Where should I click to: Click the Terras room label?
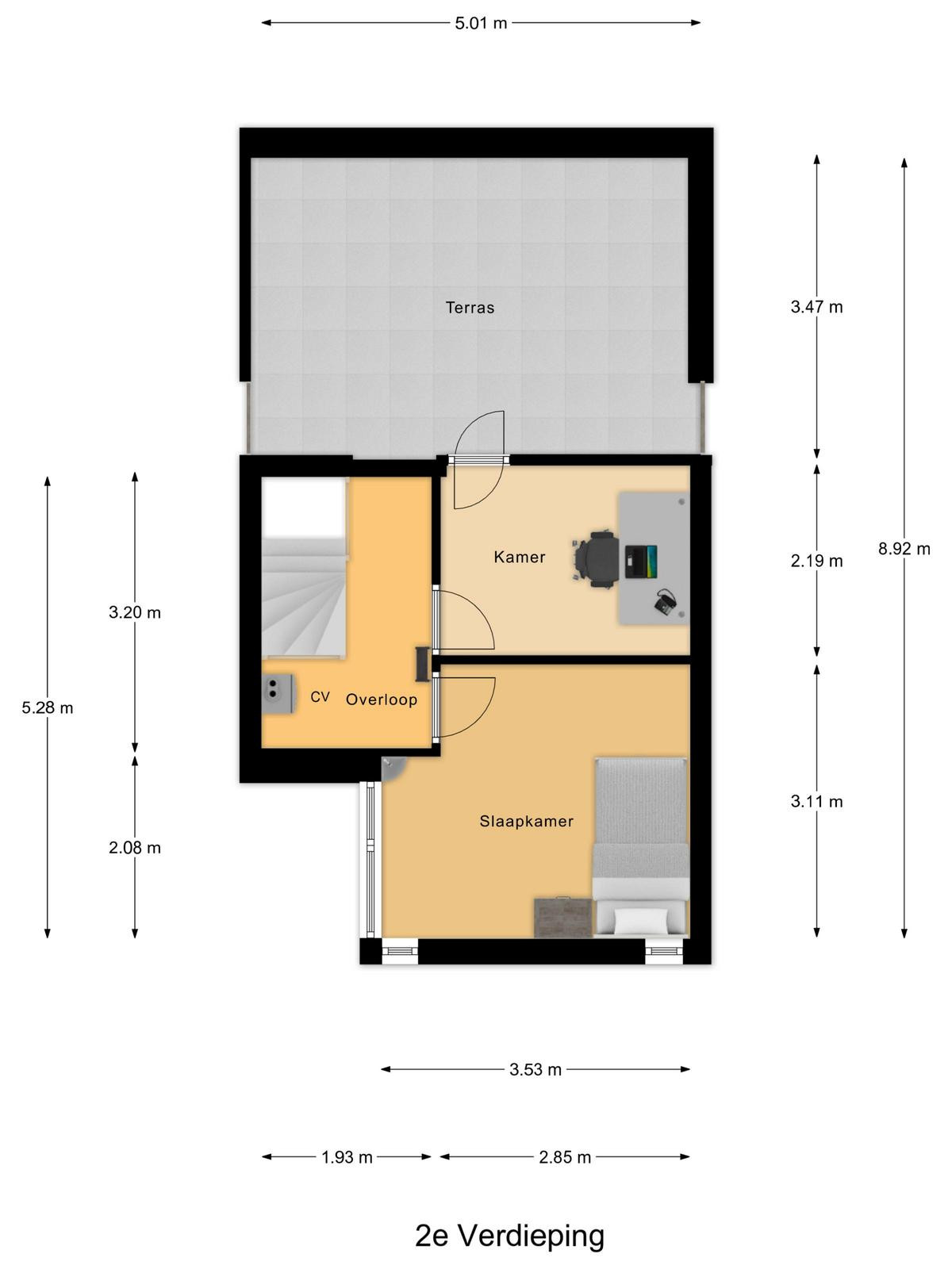(470, 308)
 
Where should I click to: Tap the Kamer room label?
(520, 558)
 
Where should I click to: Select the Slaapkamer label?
(527, 821)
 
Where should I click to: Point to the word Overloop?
(382, 700)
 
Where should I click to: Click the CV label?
(320, 696)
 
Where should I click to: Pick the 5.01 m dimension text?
(481, 24)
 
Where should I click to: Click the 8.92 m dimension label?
(904, 549)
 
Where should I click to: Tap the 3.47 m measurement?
(817, 307)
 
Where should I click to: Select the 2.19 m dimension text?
(817, 561)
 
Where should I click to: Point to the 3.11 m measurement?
(817, 801)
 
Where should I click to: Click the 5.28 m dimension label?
(48, 707)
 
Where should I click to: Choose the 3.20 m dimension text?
(135, 612)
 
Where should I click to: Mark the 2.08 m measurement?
(135, 848)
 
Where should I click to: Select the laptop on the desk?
(641, 561)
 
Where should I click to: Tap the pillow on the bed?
(640, 920)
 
